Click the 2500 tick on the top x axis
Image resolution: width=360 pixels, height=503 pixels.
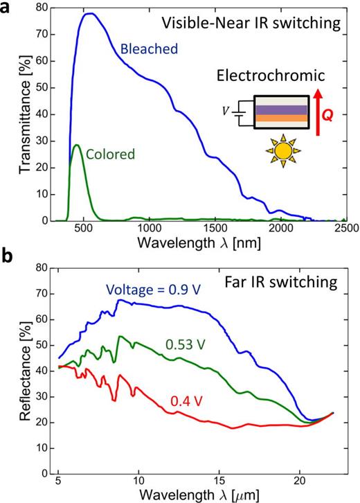[x=346, y=227]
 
